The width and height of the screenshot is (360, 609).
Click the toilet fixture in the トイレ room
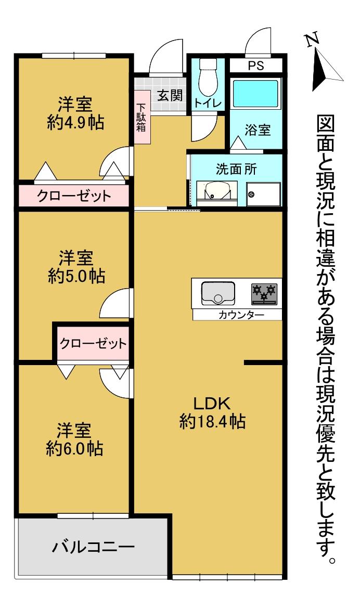tap(208, 75)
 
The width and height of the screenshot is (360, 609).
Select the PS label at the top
tap(255, 66)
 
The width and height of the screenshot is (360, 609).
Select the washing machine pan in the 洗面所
tap(263, 194)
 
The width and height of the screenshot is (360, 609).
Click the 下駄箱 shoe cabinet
tap(142, 118)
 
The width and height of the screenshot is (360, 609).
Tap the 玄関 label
tap(170, 95)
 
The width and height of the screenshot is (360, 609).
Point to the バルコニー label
tap(93, 547)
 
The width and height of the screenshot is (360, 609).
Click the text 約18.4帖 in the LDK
tap(212, 421)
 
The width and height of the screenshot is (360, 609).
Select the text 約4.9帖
tap(75, 123)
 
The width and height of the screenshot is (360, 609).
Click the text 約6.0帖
tap(74, 448)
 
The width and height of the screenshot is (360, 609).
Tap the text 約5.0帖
tap(76, 276)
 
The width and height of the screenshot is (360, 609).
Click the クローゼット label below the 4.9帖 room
tap(74, 196)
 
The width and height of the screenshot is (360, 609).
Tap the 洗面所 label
tap(236, 169)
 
